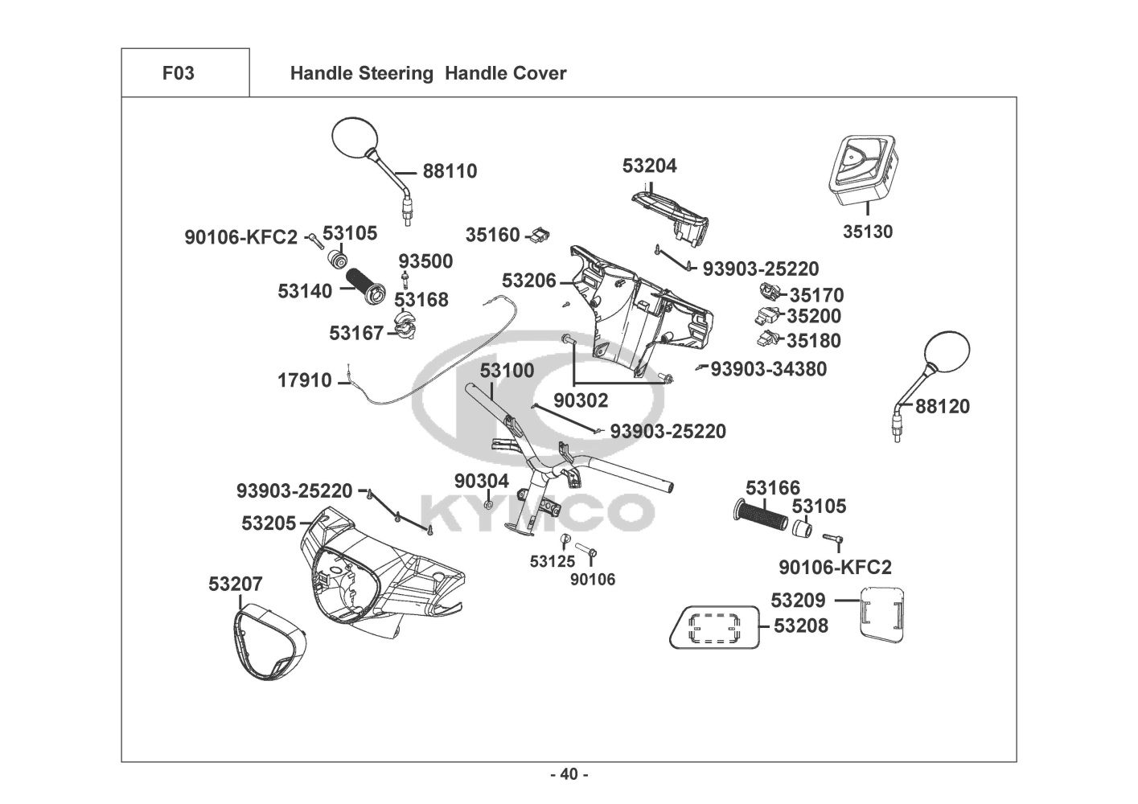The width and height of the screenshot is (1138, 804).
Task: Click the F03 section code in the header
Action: pos(178,73)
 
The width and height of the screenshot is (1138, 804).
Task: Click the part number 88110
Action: pos(450,171)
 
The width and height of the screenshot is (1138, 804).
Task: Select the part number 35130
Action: pos(868,232)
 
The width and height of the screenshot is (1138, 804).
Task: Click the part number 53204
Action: pos(650,166)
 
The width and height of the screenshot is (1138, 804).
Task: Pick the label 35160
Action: pos(493,236)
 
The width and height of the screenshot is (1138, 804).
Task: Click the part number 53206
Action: pos(528,281)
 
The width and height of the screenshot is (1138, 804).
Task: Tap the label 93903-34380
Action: pos(769,369)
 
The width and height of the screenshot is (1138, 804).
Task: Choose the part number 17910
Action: pos(305,379)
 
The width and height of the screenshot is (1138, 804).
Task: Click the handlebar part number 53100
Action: pos(507,371)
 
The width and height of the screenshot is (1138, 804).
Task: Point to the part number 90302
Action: pos(581,400)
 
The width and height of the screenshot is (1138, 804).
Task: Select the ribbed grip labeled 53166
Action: pos(761,516)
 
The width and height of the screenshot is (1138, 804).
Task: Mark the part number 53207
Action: pos(236,585)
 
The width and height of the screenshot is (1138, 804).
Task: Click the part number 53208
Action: pos(801,626)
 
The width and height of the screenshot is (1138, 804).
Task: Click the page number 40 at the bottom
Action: pos(569,774)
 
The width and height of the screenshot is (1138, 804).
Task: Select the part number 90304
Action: pos(482,481)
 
